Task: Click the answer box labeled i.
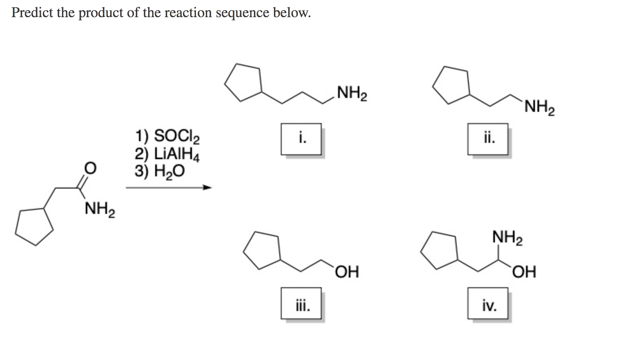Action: point(301,139)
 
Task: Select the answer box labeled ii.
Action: point(488,139)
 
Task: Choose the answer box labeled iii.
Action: point(301,303)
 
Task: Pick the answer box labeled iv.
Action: point(488,303)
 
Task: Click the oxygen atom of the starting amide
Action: point(90,168)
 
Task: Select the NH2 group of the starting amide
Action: point(100,209)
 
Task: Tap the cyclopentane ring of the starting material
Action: point(34,226)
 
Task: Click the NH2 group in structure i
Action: point(352,93)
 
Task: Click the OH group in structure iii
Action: point(347,271)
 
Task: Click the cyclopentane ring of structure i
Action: point(243,82)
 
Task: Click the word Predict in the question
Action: point(32,13)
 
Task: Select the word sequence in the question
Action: point(243,13)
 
